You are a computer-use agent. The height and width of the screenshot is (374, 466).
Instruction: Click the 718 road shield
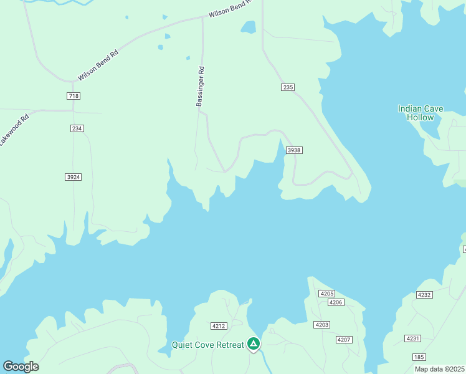(74, 96)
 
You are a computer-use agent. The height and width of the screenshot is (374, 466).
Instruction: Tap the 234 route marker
(77, 128)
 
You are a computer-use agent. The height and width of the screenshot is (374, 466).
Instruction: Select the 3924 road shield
(74, 177)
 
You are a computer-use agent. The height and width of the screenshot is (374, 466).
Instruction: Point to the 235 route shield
(287, 88)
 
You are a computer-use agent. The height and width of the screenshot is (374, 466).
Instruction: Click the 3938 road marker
(294, 150)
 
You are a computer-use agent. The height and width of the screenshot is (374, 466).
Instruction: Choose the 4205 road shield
(326, 294)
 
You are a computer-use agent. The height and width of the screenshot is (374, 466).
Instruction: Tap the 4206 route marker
(336, 302)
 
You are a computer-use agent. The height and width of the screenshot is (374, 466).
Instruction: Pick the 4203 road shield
(322, 325)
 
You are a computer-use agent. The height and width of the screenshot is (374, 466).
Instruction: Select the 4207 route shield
(343, 339)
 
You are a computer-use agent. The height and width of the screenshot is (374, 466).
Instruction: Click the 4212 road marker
(219, 326)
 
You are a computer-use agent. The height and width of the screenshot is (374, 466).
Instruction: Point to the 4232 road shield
(424, 295)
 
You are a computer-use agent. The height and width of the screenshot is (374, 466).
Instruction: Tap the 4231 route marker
(412, 338)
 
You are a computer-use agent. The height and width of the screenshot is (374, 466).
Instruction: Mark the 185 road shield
(419, 357)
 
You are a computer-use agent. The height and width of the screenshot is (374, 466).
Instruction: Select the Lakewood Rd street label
(14, 130)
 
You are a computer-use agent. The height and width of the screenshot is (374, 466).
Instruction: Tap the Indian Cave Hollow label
(421, 113)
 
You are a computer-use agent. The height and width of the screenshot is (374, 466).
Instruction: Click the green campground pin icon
(254, 343)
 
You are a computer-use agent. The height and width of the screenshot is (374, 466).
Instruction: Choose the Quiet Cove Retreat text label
(208, 345)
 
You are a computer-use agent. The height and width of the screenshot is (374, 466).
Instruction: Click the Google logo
(21, 367)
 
